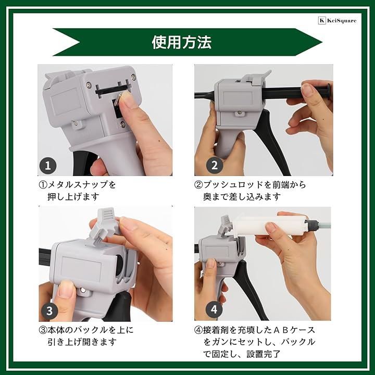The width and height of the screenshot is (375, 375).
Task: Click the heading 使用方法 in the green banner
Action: (182, 42)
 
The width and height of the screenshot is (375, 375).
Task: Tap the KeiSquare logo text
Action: (342, 21)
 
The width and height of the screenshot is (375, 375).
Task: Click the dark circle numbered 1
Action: (48, 166)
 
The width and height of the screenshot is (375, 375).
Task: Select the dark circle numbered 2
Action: (214, 165)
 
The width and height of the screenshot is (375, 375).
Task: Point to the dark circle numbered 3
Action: (49, 310)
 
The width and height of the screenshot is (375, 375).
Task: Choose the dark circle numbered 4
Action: (214, 310)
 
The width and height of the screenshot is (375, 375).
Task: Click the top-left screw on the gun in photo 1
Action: (88, 84)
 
